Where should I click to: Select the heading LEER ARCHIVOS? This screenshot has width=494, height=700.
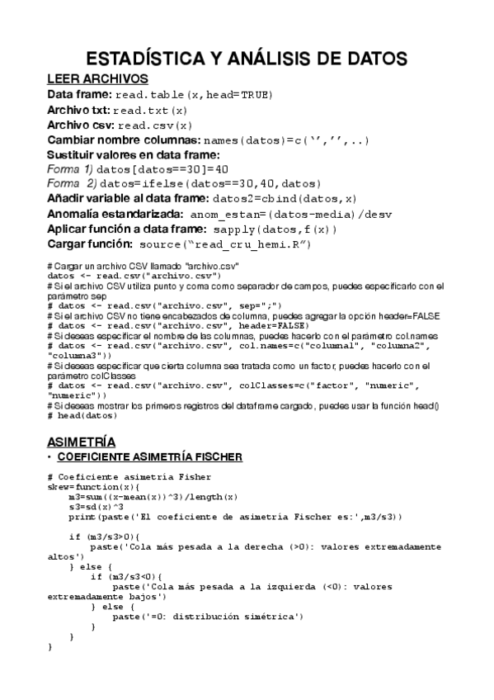click(97, 79)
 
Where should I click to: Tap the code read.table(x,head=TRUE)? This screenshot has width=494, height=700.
click(193, 96)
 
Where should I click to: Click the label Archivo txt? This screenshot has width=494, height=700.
click(78, 110)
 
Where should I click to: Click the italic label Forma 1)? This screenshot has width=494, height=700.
click(70, 168)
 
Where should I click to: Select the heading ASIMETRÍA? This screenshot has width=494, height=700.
click(82, 441)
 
